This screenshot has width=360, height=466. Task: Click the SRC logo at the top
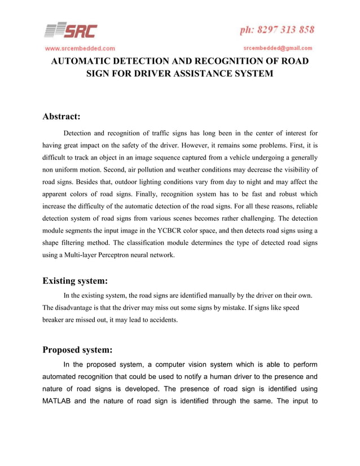(x=71, y=30)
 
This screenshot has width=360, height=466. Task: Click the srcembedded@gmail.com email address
(x=278, y=49)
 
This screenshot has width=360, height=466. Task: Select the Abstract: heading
(x=63, y=117)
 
